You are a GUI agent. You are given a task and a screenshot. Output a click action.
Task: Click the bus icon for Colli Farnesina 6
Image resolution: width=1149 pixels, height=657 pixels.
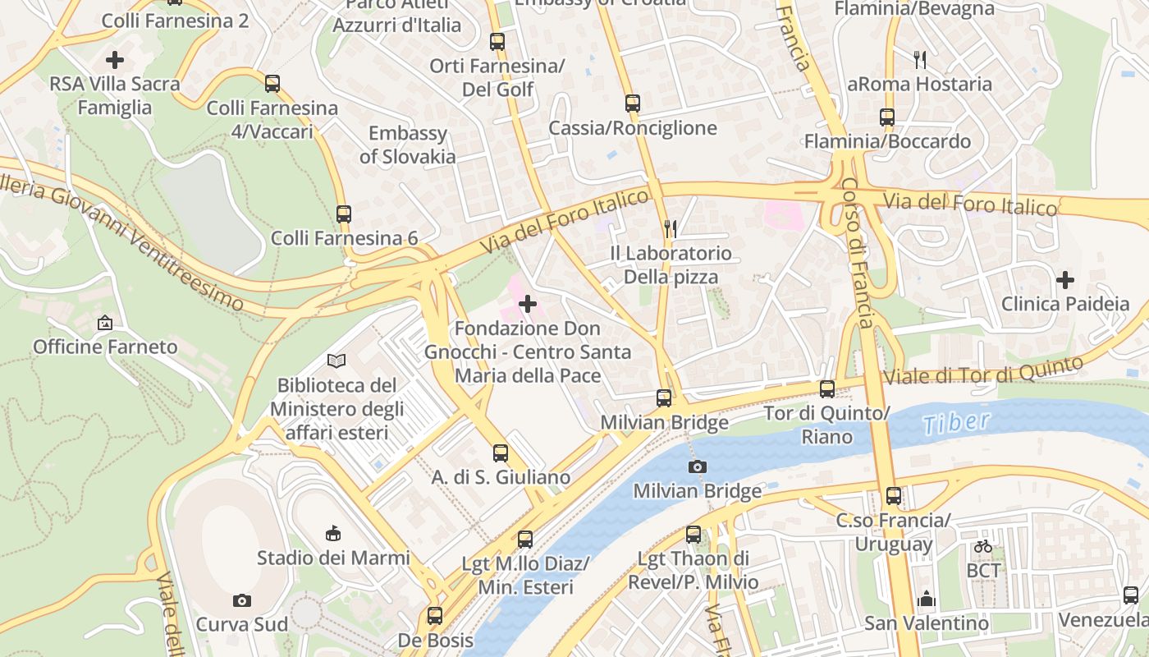point(344,214)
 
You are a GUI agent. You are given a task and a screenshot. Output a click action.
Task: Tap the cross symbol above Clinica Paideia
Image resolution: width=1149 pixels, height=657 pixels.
point(1065,280)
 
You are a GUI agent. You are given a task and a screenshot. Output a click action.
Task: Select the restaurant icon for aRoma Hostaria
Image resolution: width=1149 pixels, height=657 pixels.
point(920,59)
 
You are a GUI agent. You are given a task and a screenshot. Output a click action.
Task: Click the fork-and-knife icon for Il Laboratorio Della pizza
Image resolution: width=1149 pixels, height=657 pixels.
point(671,228)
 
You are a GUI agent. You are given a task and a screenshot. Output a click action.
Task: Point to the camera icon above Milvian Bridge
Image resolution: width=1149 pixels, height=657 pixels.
point(697,466)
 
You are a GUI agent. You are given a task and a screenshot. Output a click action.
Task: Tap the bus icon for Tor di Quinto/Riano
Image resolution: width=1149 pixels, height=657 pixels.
point(827,389)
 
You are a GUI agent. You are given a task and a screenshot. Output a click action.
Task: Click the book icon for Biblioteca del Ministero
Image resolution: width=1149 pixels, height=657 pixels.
point(336,361)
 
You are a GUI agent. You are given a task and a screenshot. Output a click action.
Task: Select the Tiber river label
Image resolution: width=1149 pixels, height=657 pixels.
point(955,423)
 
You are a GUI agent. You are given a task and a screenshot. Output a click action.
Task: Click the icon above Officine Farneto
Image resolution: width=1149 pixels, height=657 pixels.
point(104,323)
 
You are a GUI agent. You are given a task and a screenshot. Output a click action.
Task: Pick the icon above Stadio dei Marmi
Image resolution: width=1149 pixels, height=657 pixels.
point(332,534)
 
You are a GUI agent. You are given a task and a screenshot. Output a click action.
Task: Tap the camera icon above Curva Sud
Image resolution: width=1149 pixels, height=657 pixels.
point(241,600)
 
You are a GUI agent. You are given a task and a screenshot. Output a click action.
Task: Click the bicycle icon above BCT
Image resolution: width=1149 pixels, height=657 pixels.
point(983,546)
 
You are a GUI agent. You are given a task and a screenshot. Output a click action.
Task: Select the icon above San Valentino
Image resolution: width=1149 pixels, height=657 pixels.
point(927,599)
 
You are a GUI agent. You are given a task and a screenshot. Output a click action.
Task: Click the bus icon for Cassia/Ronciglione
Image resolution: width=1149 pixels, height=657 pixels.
point(632,103)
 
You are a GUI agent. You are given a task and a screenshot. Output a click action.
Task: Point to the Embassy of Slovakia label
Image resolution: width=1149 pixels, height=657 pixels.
point(407,145)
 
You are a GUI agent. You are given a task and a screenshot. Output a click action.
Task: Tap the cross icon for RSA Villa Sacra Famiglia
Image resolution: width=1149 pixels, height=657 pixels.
point(115,59)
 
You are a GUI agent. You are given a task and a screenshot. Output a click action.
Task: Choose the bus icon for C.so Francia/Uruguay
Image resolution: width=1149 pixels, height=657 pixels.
point(894,496)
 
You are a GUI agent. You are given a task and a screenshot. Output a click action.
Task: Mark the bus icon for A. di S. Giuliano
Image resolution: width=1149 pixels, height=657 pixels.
point(501,453)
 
